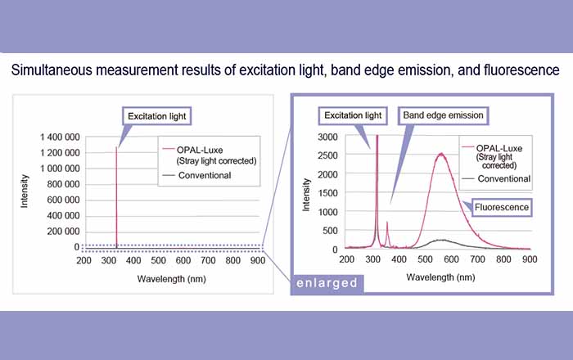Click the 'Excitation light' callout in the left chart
tap(156, 116)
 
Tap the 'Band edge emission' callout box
tap(443, 115)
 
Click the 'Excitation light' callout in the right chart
tap(353, 115)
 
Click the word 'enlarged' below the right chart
tap(327, 283)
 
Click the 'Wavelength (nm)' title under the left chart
tap(168, 277)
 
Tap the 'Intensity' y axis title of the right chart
tap(306, 193)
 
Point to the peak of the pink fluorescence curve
tap(442, 153)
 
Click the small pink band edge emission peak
tap(387, 222)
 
